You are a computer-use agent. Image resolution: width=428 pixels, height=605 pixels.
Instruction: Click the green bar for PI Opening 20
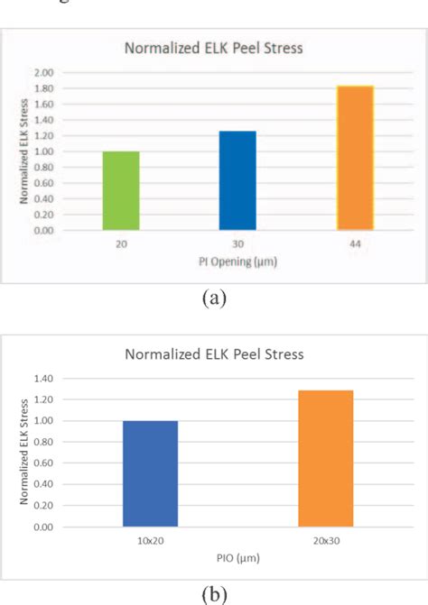pos(122,191)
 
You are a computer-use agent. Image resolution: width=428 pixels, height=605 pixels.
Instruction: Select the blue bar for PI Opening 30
pos(238,180)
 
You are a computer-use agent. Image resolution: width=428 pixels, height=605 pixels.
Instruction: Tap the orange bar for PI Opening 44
pos(355,158)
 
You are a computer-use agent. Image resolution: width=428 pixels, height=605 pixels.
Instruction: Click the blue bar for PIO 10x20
pos(150,473)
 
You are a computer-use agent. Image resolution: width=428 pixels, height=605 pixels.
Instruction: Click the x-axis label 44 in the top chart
pos(355,243)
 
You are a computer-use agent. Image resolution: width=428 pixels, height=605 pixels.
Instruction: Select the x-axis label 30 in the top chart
pos(238,243)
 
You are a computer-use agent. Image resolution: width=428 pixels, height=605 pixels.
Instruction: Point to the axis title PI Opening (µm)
pos(237,261)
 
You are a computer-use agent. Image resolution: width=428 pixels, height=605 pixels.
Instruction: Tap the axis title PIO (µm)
pos(237,559)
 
